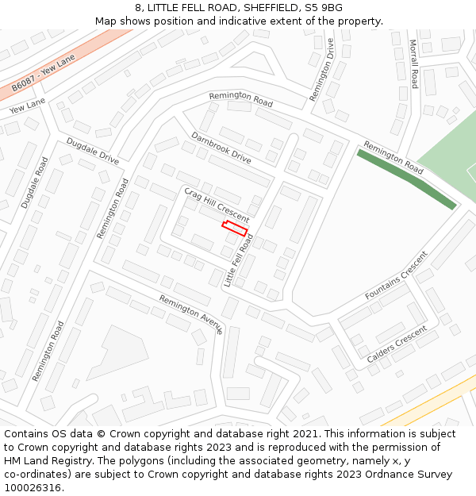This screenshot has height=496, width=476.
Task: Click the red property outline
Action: click(235, 229)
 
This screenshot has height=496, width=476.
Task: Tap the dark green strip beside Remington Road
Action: click(406, 179)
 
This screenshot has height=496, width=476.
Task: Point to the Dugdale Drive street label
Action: click(93, 151)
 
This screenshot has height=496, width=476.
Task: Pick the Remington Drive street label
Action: click(322, 71)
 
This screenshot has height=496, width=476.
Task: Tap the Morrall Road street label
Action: click(413, 63)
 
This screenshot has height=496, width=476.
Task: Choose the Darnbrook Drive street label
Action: click(221, 148)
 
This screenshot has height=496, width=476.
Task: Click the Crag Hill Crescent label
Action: click(217, 206)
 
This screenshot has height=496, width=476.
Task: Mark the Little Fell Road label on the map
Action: click(239, 260)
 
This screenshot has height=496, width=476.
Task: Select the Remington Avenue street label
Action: click(191, 314)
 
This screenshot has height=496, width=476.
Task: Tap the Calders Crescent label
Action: click(397, 344)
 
